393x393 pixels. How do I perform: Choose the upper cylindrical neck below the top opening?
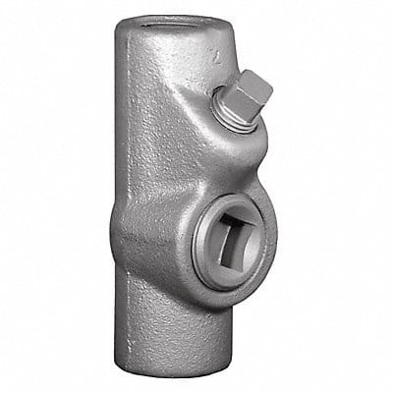(152, 79)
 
